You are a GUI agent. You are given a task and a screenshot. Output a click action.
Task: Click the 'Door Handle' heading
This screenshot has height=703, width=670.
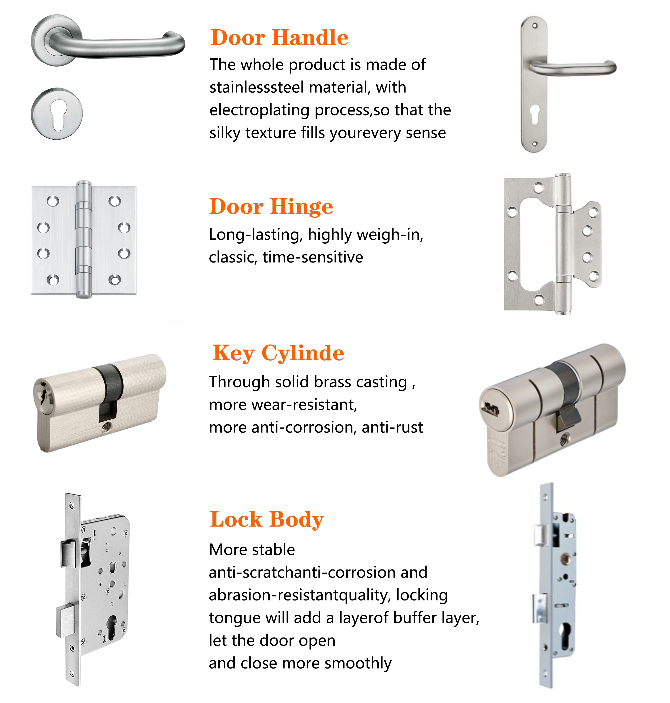pyautogui.click(x=280, y=38)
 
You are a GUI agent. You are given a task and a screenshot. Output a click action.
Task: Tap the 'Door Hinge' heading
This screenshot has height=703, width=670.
pyautogui.click(x=271, y=207)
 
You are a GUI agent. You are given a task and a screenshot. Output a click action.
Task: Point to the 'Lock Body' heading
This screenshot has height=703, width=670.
pyautogui.click(x=267, y=519)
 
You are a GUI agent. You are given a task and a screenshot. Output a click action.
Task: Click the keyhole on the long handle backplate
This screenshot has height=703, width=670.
pyautogui.click(x=535, y=114)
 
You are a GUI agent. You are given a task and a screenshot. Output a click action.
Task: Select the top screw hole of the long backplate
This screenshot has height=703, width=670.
pyautogui.click(x=535, y=26)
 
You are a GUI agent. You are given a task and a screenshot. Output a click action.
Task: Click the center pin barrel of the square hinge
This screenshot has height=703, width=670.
pyautogui.click(x=84, y=239)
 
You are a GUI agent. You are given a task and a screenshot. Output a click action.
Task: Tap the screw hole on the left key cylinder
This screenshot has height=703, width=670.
pyautogui.click(x=106, y=426)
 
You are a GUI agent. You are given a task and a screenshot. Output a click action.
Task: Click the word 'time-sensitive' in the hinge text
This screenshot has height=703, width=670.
pyautogui.click(x=313, y=257)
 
